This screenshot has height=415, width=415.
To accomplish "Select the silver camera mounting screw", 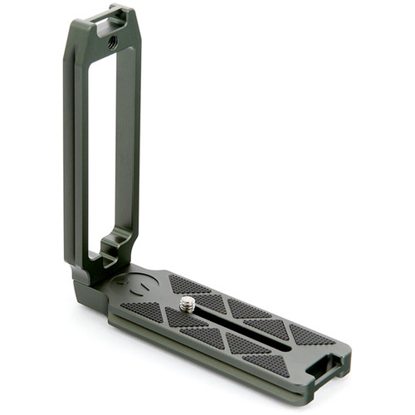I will point(188,305).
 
